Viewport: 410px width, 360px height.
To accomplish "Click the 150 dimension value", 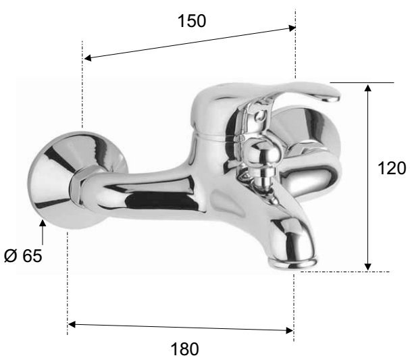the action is pos(192,21).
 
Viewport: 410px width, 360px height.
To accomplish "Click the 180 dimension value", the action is pos(184,349).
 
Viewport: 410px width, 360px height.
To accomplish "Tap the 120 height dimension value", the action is pos(392,168).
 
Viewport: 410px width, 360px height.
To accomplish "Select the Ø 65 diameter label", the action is pos(23,255).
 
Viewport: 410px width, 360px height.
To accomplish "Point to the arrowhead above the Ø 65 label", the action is pos(43,223).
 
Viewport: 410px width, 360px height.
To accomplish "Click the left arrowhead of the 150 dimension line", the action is pos(87,58).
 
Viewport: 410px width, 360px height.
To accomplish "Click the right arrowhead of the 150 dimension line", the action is pos(292,28).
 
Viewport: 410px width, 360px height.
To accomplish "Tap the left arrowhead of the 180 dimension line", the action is pos(72,324).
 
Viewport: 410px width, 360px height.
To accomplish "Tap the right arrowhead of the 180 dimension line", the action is pos(290,330).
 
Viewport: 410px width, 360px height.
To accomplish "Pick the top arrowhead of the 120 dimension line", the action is pos(368,88).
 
